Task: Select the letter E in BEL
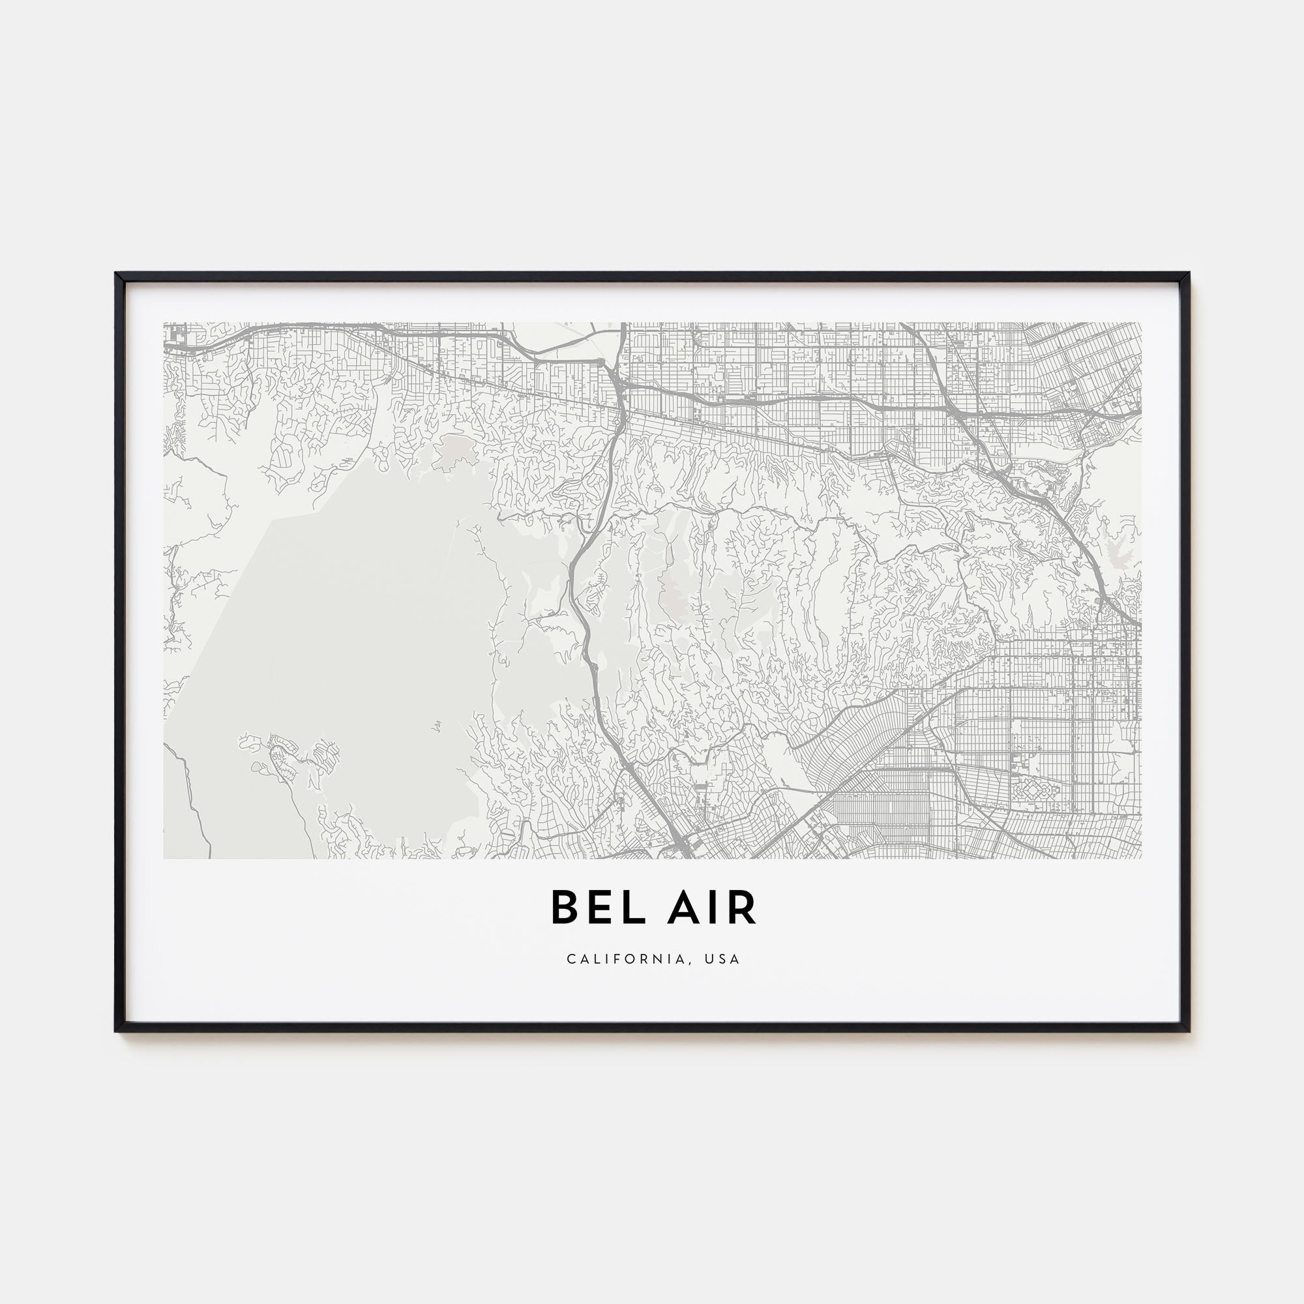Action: [590, 908]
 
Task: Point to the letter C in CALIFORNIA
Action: [571, 959]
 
